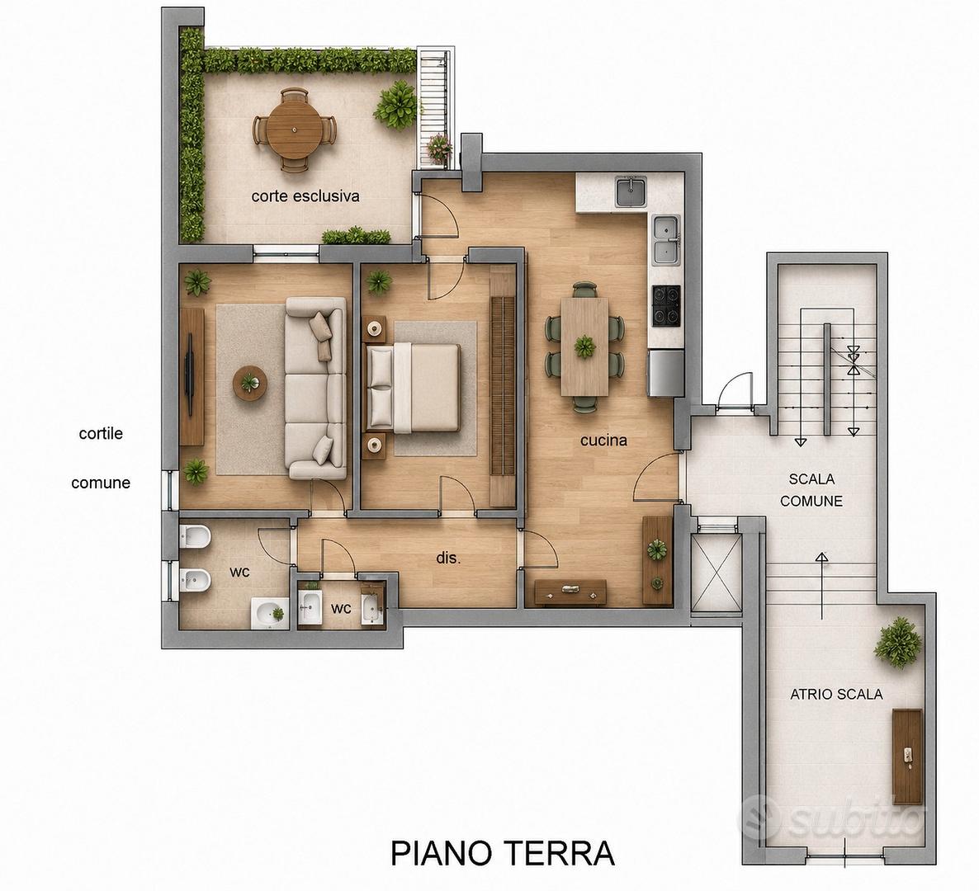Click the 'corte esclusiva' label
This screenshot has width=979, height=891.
(x=305, y=196)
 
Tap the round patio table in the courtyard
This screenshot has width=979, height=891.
(x=294, y=130)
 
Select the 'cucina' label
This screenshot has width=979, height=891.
(x=603, y=440)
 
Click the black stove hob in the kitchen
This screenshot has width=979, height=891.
(x=666, y=306)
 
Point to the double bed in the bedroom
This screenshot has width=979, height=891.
(x=414, y=388)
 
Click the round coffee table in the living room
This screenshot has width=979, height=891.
(x=250, y=382)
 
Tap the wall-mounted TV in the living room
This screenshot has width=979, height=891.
(x=190, y=374)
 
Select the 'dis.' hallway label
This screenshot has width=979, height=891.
(x=448, y=559)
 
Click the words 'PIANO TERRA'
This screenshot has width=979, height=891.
(x=503, y=853)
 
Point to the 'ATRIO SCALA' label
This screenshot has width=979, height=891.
(x=837, y=694)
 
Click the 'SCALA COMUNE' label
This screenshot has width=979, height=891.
(x=811, y=490)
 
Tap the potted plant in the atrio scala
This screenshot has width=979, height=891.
(x=898, y=643)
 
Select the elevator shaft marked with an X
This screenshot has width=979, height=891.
(x=717, y=573)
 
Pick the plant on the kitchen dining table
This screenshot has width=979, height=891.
(x=585, y=346)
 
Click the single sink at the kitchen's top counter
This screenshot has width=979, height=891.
(x=631, y=191)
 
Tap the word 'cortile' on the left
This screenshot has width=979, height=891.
(x=101, y=433)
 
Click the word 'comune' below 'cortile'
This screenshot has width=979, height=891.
(x=101, y=483)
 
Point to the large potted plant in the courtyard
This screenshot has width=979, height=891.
(x=396, y=105)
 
